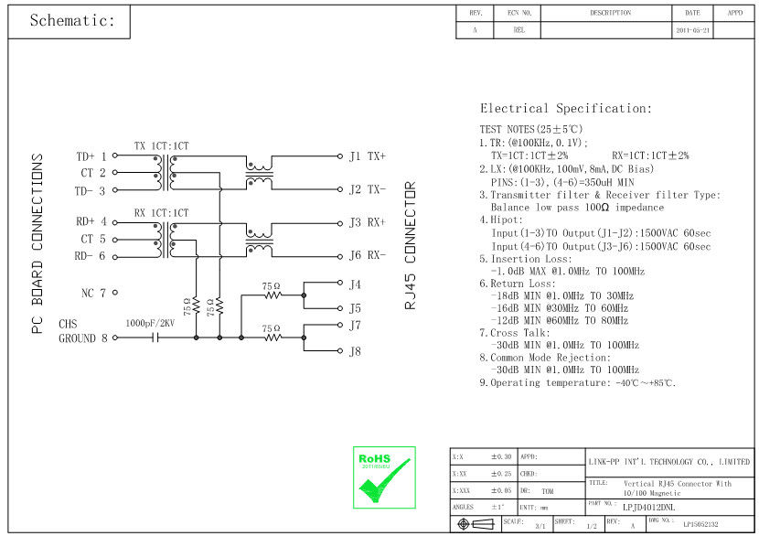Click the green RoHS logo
pyautogui.click(x=384, y=477)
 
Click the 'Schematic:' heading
pyautogui.click(x=73, y=21)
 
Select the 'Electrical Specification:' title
pyautogui.click(x=566, y=108)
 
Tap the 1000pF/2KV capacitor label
pyautogui.click(x=150, y=324)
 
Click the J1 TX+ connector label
pyautogui.click(x=367, y=156)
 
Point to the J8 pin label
pyautogui.click(x=355, y=351)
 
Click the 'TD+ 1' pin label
pyautogui.click(x=91, y=156)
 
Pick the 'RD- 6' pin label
pyautogui.click(x=91, y=256)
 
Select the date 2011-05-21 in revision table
pyautogui.click(x=692, y=30)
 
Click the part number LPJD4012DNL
pyautogui.click(x=647, y=505)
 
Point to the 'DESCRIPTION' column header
pyautogui.click(x=610, y=13)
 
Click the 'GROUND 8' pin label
pyautogui.click(x=84, y=338)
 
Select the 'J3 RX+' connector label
pyautogui.click(x=367, y=222)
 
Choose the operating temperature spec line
pyautogui.click(x=578, y=383)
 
